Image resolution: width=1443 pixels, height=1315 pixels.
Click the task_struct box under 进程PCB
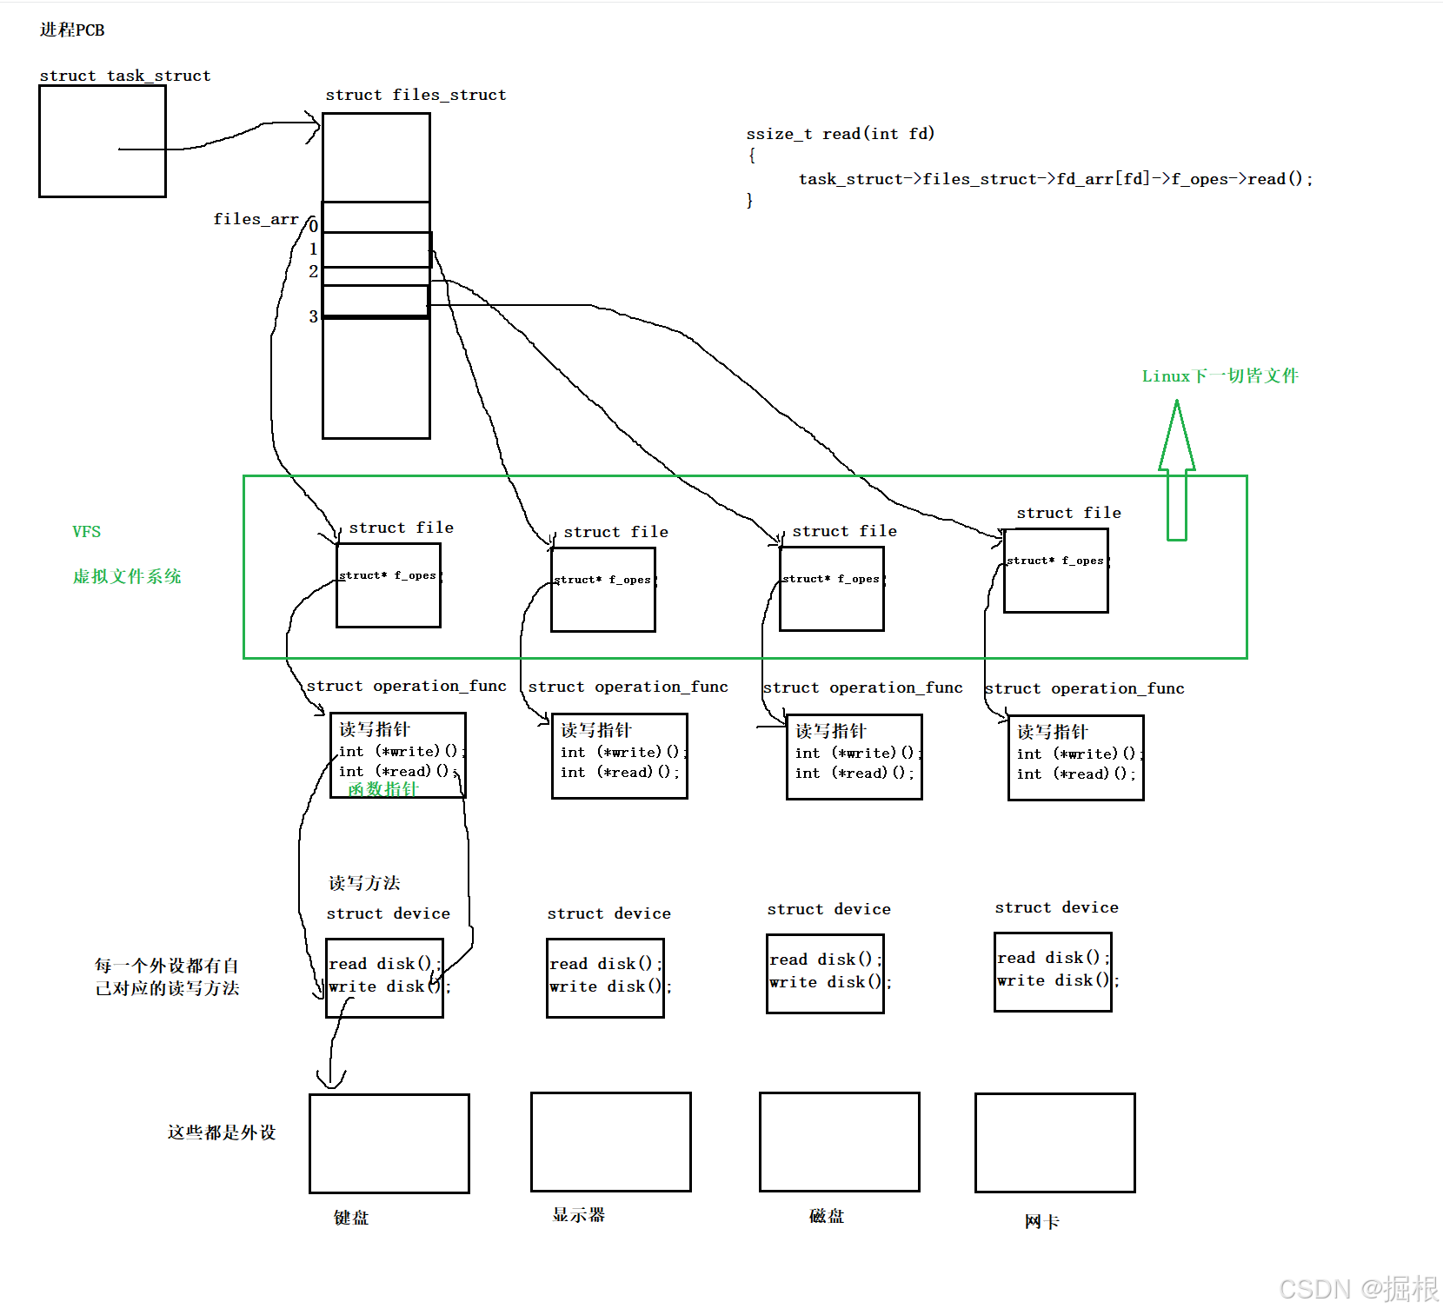103,141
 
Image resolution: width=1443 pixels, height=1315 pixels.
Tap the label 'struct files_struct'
416,95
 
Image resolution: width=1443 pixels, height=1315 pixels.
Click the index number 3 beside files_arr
313,317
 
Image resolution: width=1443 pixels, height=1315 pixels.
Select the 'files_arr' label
256,219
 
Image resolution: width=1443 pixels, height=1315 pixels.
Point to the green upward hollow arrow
1176,469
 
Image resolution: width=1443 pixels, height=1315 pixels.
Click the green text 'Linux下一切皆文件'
1220,375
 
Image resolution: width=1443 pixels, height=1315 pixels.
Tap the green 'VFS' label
86,531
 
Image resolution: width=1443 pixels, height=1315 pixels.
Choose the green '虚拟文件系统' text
127,576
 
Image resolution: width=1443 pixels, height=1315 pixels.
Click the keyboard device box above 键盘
389,1143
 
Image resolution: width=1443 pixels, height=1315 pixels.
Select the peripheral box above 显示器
611,1141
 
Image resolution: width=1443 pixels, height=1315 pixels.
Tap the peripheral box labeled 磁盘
840,1141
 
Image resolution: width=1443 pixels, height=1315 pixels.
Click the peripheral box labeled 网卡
1055,1142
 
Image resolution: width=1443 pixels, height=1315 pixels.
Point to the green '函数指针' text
382,789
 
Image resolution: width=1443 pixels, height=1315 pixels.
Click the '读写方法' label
364,883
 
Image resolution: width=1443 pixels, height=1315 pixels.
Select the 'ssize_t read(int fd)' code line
840,133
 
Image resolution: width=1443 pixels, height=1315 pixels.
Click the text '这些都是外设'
222,1132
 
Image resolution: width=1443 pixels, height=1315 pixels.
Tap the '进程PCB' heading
72,30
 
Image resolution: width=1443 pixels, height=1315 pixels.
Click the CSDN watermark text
1359,1288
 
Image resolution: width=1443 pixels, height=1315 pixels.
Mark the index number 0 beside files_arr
313,226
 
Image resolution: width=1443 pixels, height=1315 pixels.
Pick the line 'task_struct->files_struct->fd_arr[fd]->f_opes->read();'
1055,179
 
